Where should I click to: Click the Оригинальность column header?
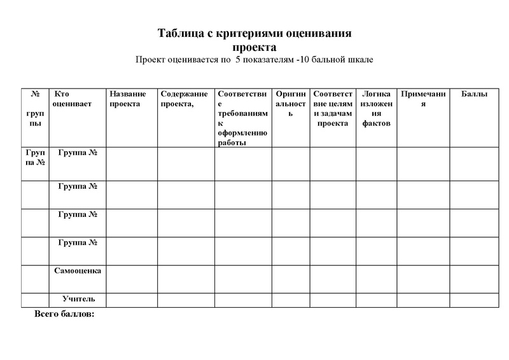(291, 104)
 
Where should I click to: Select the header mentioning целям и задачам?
(333, 108)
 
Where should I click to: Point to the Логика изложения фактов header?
(376, 108)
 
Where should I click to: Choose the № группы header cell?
(35, 108)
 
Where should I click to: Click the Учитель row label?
(79, 298)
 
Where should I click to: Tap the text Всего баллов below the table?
(64, 314)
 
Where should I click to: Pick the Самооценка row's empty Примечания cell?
(422, 279)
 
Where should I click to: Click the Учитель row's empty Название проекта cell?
(132, 300)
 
